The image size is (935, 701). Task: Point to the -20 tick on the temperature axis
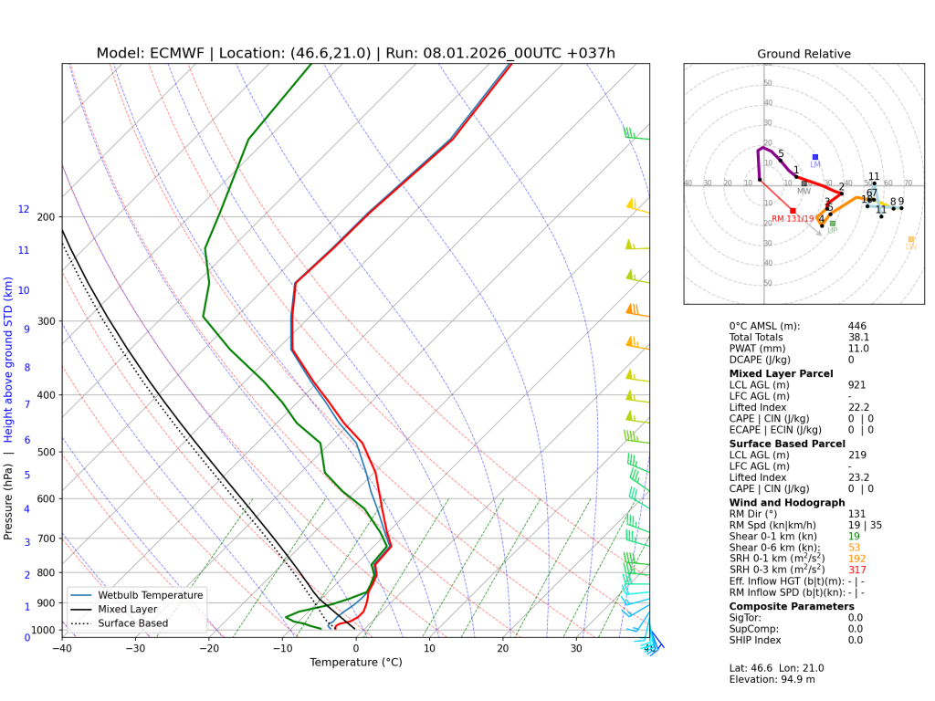208,648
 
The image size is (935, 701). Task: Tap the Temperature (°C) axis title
354,663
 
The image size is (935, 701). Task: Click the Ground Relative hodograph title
804,54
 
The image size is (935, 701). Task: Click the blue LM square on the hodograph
815,157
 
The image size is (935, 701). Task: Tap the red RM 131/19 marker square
793,211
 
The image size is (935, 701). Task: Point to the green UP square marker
832,224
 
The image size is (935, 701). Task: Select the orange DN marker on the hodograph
910,239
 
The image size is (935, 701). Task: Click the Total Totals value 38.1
858,337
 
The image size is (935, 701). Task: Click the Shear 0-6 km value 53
854,547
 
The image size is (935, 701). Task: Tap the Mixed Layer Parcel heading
781,373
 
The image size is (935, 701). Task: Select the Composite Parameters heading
792,606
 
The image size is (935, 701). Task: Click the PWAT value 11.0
858,349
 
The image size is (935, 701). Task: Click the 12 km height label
24,210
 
